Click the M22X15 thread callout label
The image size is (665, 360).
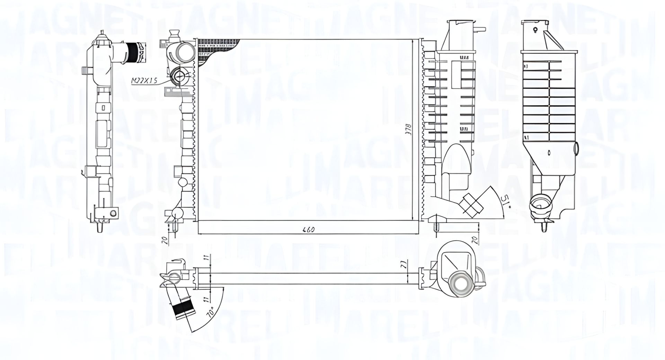[x=144, y=81]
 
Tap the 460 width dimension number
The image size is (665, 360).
[x=309, y=229]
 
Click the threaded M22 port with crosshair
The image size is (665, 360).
[x=179, y=76]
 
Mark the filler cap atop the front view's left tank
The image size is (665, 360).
[x=174, y=35]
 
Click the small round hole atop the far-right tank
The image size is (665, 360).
[x=535, y=30]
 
